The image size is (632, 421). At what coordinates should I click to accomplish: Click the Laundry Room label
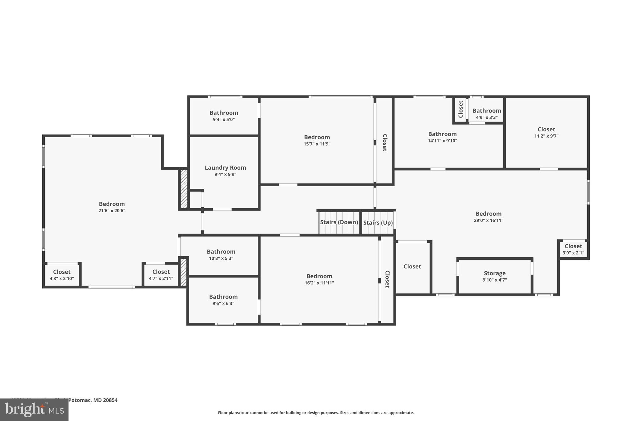click(225, 168)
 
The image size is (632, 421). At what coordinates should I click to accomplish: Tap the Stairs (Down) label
click(339, 222)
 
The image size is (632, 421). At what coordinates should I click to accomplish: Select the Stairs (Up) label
click(378, 223)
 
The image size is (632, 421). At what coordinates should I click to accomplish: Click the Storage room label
click(494, 273)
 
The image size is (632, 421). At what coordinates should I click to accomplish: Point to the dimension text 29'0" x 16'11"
click(488, 221)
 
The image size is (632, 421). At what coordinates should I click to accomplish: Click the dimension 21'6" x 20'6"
click(112, 211)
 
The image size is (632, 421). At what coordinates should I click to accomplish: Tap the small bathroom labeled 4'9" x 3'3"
click(486, 114)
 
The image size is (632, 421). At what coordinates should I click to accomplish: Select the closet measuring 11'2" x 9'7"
click(546, 132)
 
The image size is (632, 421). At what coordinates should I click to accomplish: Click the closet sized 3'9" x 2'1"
click(573, 249)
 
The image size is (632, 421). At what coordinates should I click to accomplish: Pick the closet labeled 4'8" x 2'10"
click(62, 275)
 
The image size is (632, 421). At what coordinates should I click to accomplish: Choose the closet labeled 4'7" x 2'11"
click(161, 275)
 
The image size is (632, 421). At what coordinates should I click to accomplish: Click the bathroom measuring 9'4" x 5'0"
click(224, 116)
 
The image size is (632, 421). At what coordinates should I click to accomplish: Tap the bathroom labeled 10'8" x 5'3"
click(221, 255)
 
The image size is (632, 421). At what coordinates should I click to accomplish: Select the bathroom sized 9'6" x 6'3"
click(223, 300)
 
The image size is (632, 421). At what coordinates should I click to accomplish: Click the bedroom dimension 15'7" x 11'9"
click(317, 144)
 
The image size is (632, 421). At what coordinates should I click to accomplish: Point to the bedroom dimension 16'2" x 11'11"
click(319, 283)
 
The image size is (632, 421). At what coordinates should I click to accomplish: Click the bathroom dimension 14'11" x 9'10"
click(442, 141)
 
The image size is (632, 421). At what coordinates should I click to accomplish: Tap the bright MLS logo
click(34, 410)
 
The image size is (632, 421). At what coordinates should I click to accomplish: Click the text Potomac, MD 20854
click(93, 400)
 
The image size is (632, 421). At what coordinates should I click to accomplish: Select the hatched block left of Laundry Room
click(184, 188)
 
